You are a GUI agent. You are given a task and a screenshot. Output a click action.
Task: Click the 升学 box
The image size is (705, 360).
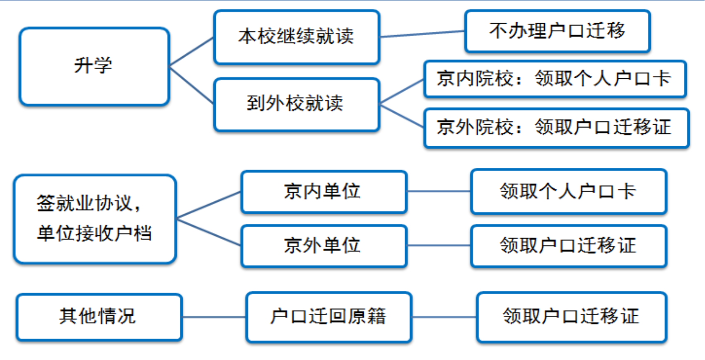pyautogui.click(x=94, y=66)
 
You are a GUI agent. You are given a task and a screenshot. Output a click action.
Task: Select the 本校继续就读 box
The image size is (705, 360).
pyautogui.click(x=296, y=37)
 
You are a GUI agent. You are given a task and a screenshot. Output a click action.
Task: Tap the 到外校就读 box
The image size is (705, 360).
pyautogui.click(x=296, y=104)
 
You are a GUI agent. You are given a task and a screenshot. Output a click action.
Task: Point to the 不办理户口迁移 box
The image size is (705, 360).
pyautogui.click(x=557, y=31)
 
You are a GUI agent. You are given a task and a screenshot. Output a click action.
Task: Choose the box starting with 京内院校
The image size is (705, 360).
pyautogui.click(x=554, y=79)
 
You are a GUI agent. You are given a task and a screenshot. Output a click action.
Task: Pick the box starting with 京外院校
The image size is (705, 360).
pyautogui.click(x=556, y=128)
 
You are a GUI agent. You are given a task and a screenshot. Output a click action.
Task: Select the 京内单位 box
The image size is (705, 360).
pyautogui.click(x=324, y=192)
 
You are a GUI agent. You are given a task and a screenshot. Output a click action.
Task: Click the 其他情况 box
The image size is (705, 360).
pyautogui.click(x=99, y=317)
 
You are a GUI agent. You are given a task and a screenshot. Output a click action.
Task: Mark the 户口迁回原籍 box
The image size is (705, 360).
pyautogui.click(x=328, y=317)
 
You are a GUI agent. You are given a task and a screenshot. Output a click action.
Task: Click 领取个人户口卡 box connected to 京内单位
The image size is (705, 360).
pyautogui.click(x=568, y=191)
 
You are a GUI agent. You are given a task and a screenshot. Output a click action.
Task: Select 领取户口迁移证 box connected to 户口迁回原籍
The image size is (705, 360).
pyautogui.click(x=571, y=317)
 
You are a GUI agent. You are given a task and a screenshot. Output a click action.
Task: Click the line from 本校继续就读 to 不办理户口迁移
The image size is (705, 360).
pyautogui.click(x=422, y=34)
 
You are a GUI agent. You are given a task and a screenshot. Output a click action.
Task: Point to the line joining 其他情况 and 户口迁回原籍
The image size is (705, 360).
pyautogui.click(x=214, y=317)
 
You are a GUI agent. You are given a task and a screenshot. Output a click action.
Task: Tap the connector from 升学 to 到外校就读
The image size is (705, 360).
pyautogui.click(x=191, y=85)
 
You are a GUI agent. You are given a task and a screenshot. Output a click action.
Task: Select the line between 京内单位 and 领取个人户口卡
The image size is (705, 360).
pyautogui.click(x=439, y=191)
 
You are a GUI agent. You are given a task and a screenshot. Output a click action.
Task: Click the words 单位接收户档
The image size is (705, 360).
pyautogui.click(x=95, y=234)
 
